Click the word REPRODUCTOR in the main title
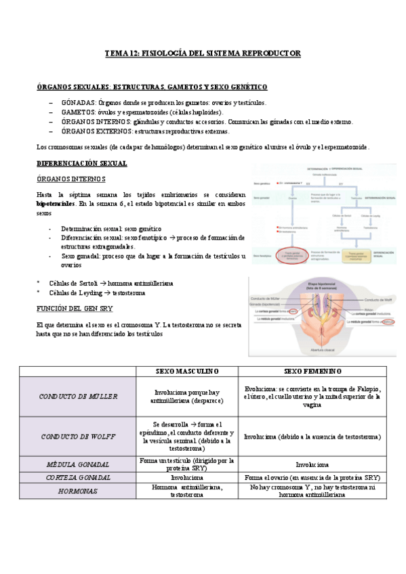(x=268, y=53)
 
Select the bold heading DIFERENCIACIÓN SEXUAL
(x=81, y=164)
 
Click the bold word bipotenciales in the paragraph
(x=56, y=203)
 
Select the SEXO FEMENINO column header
(x=312, y=372)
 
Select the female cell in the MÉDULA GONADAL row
(x=312, y=465)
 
